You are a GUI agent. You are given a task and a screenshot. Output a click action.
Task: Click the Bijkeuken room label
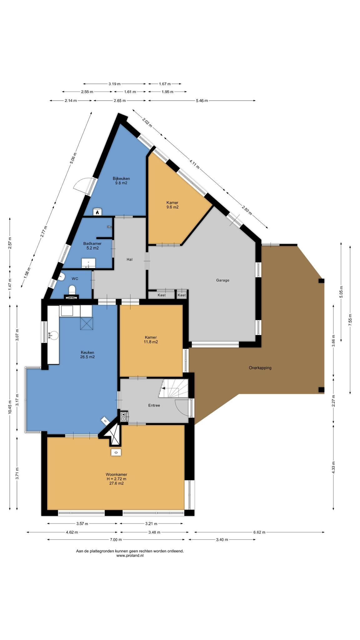click(121, 178)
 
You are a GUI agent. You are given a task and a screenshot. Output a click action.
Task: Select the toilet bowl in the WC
click(72, 289)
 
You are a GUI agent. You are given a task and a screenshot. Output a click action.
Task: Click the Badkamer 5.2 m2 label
click(92, 246)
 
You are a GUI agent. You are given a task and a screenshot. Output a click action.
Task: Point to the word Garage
click(222, 280)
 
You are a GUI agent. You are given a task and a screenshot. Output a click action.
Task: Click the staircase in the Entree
click(173, 388)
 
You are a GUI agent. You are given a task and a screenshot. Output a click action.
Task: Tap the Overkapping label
click(260, 368)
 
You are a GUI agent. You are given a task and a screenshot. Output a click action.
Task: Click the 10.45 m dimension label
click(10, 407)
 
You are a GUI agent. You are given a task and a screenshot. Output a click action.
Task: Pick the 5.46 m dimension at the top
click(202, 101)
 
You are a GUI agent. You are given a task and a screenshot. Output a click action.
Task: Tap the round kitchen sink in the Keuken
click(53, 336)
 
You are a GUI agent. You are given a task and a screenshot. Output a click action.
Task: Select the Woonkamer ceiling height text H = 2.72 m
click(116, 479)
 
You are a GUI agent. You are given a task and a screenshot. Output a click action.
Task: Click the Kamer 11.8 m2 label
click(151, 340)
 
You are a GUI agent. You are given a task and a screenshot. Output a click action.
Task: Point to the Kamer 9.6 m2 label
click(172, 205)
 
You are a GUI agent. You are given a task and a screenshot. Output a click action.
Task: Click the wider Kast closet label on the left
click(162, 295)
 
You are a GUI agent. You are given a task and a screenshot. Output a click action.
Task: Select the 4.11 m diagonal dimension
click(194, 164)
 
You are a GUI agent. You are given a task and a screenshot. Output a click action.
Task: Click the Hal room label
click(129, 259)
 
